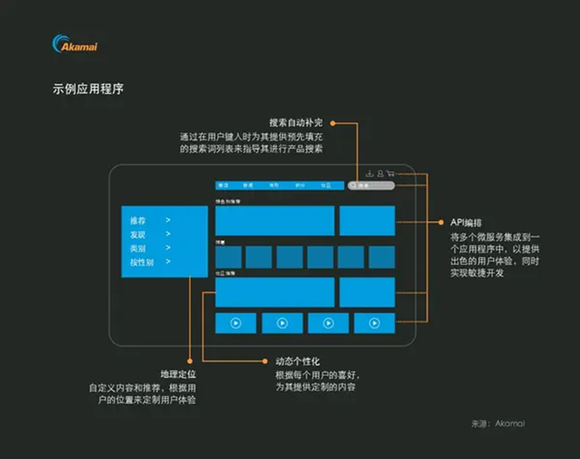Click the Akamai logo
pos(75,44)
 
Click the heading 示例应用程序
pos(87,89)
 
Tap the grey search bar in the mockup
pos(370,185)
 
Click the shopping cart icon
pos(390,173)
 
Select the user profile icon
pos(380,173)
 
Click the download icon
pos(369,173)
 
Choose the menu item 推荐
pos(138,221)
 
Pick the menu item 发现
pos(138,234)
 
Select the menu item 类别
pos(138,248)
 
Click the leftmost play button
pos(235,323)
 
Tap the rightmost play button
pos(374,323)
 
